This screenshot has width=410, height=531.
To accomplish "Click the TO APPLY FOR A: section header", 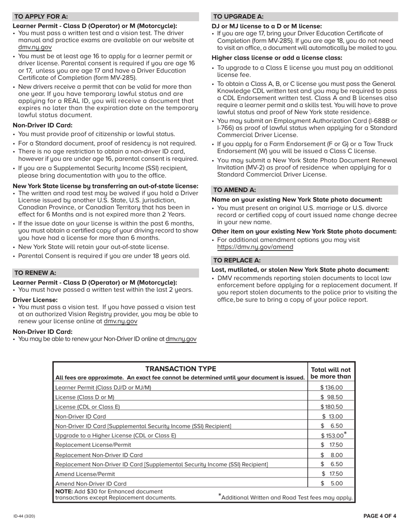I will click(x=41, y=17).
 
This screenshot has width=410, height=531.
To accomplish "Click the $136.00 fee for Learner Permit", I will click(x=331, y=388).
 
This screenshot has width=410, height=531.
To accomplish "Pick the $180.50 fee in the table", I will click(x=331, y=407).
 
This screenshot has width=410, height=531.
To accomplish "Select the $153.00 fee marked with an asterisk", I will click(x=331, y=436).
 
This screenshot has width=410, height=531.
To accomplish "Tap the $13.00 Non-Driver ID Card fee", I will click(x=332, y=417).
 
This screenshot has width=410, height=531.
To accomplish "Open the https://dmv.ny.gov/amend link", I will click(x=255, y=247).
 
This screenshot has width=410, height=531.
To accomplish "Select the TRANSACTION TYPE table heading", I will click(x=180, y=369).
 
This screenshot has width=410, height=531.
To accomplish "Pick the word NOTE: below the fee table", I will click(x=64, y=492).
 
